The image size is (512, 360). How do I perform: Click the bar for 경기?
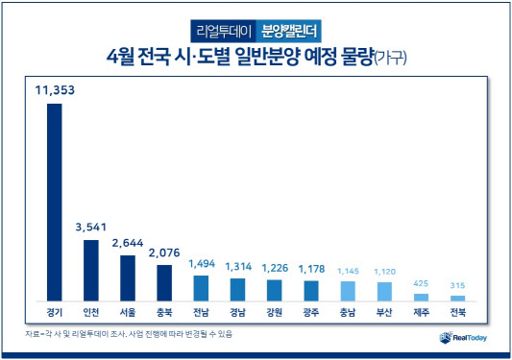tap(54, 202)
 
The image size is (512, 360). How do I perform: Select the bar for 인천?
tap(90, 270)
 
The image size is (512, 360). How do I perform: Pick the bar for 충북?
tap(164, 282)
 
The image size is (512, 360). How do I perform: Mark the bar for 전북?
tap(458, 298)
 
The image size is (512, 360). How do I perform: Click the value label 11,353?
tap(54, 92)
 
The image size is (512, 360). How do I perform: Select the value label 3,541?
tap(90, 228)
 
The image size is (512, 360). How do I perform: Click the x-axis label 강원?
tap(275, 313)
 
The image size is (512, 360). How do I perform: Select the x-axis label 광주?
tap(311, 313)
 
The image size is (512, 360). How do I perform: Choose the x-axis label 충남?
tap(348, 313)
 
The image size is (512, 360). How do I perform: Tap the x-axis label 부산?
tap(384, 313)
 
